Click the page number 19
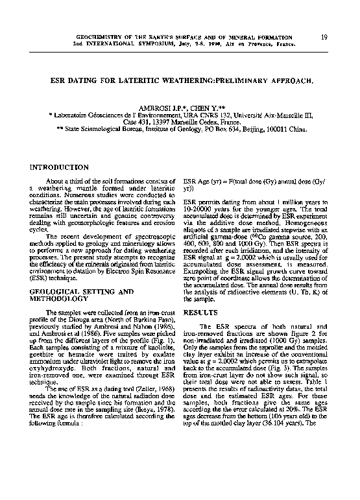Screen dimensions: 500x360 click(x=323, y=38)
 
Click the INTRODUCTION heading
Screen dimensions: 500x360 click(x=59, y=167)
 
